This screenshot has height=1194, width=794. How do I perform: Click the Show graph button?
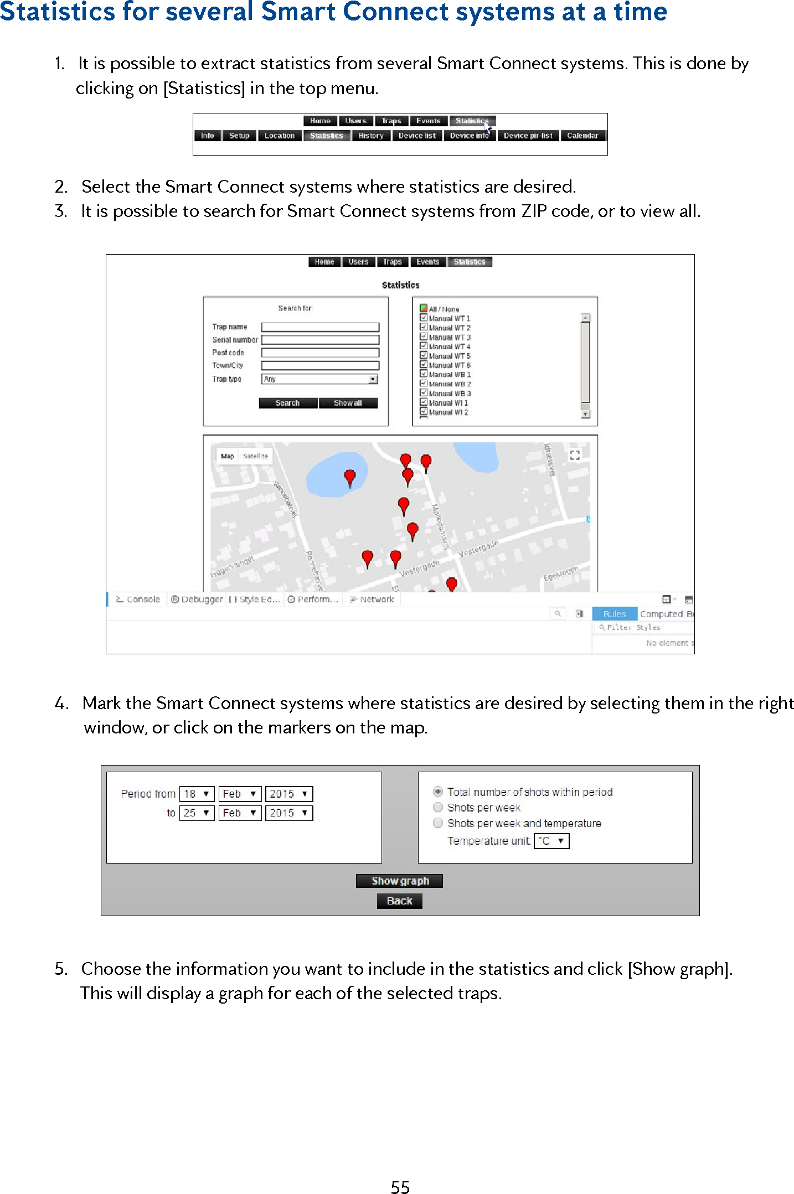click(399, 881)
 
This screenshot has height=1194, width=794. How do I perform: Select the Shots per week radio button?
click(438, 807)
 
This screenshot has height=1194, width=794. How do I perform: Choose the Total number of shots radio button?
click(438, 791)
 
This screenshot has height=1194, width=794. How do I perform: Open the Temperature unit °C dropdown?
click(551, 841)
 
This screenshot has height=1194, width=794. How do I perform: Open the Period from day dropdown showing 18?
click(197, 794)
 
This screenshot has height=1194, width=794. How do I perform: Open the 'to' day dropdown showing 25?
click(197, 813)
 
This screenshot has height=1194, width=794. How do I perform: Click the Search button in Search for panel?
click(288, 403)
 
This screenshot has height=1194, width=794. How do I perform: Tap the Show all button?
click(348, 403)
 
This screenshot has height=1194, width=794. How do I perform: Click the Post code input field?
click(320, 353)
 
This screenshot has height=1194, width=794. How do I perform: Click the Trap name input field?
click(320, 327)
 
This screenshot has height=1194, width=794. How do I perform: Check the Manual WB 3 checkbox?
click(424, 392)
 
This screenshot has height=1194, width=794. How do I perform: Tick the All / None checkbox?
click(424, 308)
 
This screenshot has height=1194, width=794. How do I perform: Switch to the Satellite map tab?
click(255, 456)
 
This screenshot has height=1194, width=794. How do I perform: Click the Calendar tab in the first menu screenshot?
click(582, 136)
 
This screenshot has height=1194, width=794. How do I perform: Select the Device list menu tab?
click(417, 136)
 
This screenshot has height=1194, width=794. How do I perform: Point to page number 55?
click(400, 1187)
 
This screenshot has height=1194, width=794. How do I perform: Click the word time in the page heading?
click(640, 12)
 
